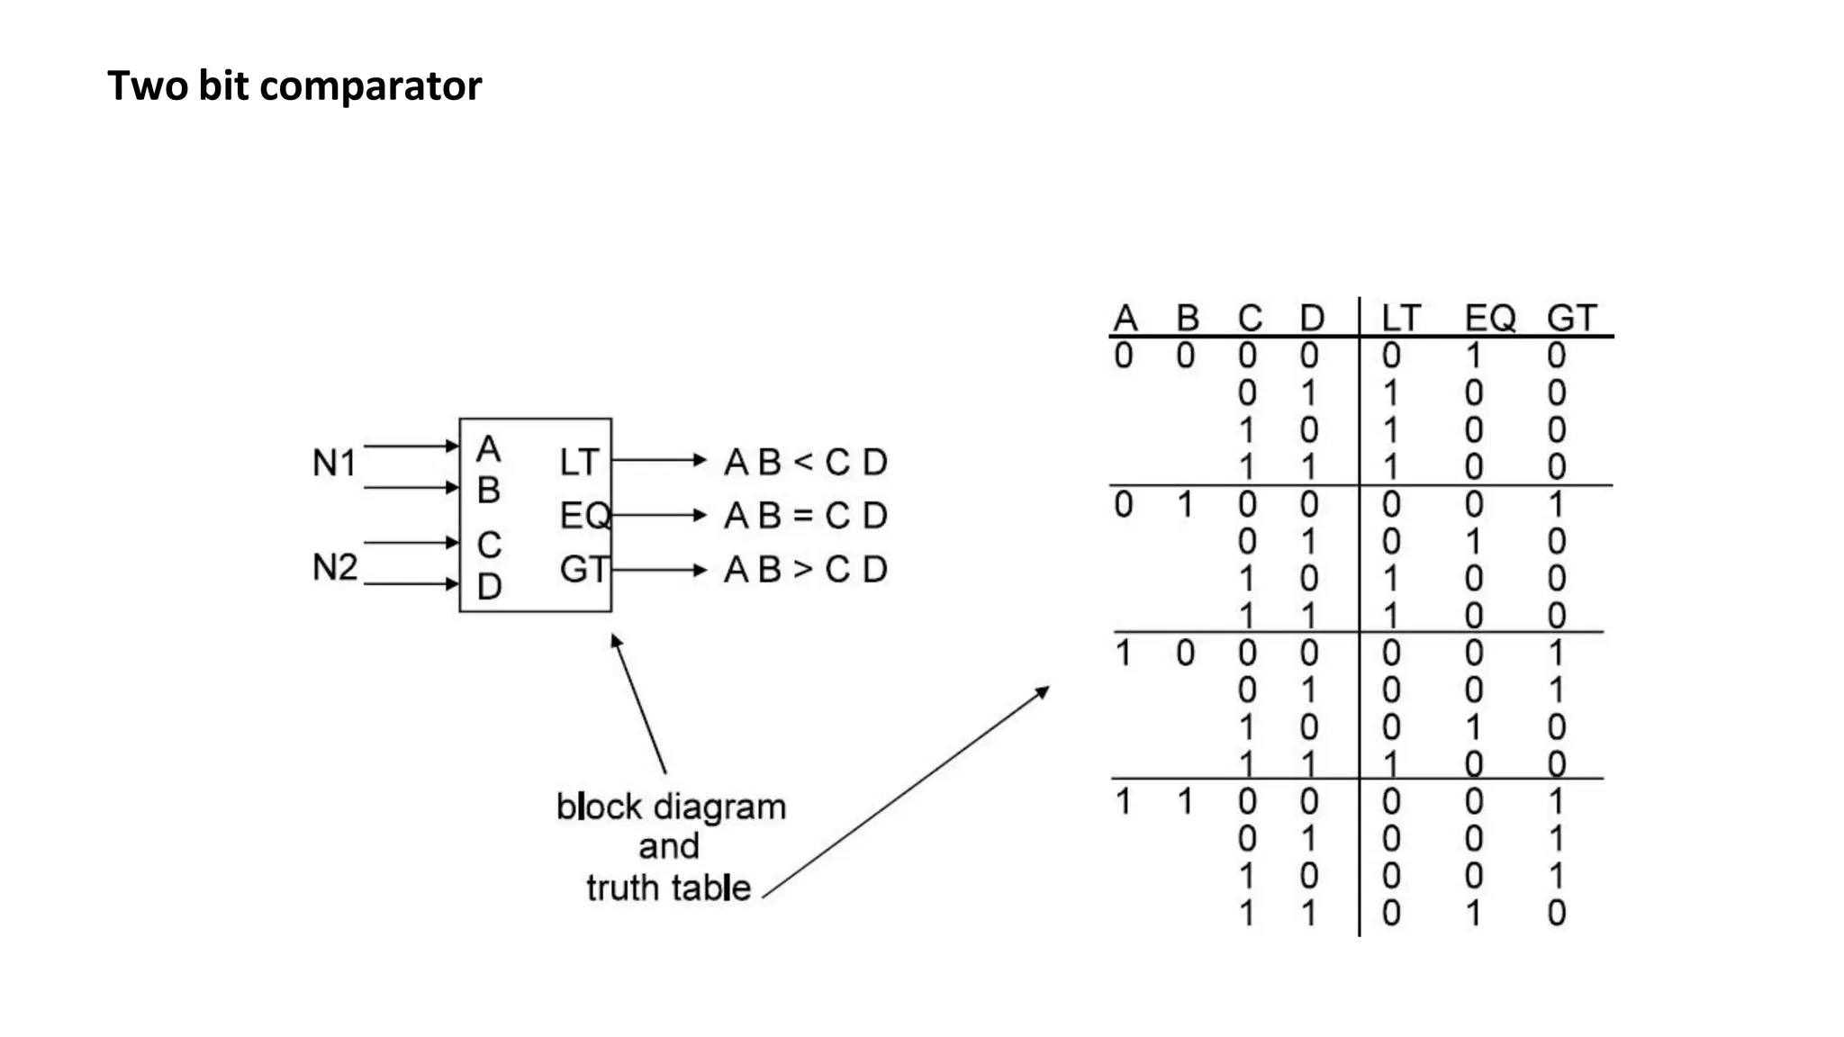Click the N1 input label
coord(334,463)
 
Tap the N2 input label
coord(334,567)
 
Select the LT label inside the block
coord(578,462)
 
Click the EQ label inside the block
coord(584,516)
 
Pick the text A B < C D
coord(806,462)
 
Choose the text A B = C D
coord(806,516)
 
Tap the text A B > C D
coord(806,569)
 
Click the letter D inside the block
coord(489,587)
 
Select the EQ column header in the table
coord(1489,318)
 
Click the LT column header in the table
coord(1400,318)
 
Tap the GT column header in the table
coord(1571,318)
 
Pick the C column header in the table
coord(1250,318)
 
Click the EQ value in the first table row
coord(1473,356)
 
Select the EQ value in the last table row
coord(1473,914)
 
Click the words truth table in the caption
coord(668,888)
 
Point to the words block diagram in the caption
coord(671,807)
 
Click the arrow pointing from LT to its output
coord(659,460)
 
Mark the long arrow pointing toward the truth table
coord(905,792)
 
